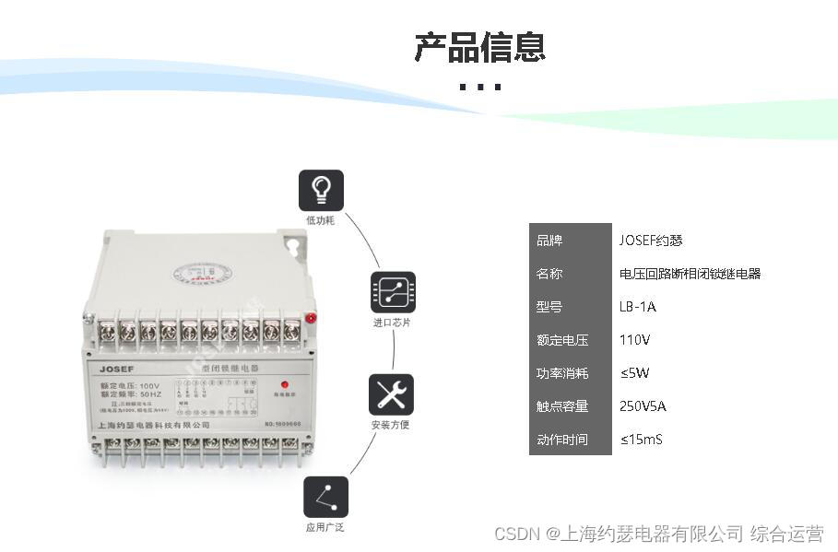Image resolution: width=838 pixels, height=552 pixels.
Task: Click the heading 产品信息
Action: coord(479,47)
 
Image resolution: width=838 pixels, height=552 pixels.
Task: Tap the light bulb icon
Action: coord(321,191)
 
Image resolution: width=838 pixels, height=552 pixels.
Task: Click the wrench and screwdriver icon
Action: coord(391,394)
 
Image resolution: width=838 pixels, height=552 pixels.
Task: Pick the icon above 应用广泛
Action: coord(325,498)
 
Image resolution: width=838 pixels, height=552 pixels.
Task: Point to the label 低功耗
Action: coord(321,221)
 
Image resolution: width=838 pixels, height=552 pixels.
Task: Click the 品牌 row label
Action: coord(549,241)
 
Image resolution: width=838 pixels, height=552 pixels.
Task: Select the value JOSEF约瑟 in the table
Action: coord(651,241)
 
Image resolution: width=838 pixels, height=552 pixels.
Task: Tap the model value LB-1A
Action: coord(638,307)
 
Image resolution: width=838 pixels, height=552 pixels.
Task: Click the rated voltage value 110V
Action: coord(635,340)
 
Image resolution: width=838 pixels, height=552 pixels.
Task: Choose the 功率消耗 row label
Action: coord(562,373)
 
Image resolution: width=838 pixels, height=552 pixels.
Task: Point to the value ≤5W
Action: coord(635,373)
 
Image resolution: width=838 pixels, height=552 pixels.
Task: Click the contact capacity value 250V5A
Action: coord(643,406)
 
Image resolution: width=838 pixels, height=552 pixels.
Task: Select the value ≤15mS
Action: coord(641,440)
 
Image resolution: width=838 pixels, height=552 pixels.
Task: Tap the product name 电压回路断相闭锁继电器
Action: coord(690,274)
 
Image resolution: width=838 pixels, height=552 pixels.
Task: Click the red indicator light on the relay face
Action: coord(283,383)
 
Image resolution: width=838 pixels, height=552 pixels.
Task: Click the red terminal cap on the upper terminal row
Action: coord(311,319)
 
